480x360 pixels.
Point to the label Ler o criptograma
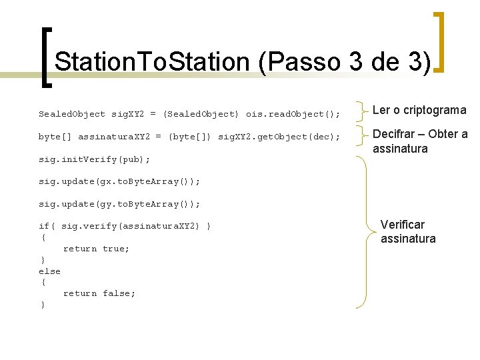(419, 110)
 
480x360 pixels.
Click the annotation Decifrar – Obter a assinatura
(419, 141)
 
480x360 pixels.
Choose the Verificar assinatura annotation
(408, 231)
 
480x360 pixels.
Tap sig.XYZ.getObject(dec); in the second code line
(279, 137)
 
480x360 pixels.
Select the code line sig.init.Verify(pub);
(94, 159)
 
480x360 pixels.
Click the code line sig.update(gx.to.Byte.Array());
(119, 181)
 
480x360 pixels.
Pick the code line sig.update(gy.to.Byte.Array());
(119, 204)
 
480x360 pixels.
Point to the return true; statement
(96, 249)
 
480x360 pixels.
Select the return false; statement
(99, 293)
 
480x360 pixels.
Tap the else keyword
(49, 271)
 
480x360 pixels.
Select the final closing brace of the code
(43, 305)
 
